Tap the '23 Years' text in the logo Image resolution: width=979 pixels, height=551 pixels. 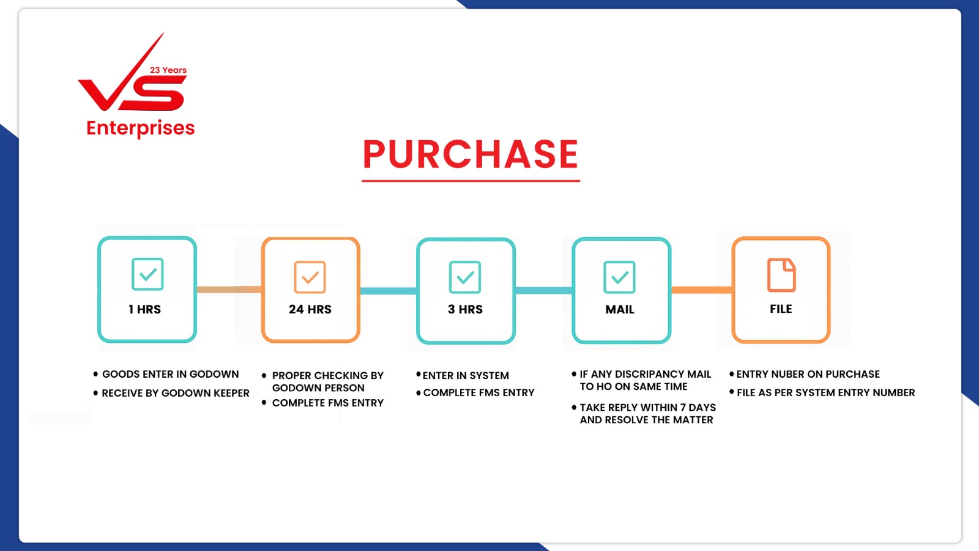click(168, 70)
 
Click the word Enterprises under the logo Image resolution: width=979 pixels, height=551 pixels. click(140, 129)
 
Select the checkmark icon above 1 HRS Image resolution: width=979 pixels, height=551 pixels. click(147, 274)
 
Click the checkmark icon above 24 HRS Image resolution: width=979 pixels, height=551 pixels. click(310, 277)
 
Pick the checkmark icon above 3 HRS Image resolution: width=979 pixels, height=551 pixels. click(465, 277)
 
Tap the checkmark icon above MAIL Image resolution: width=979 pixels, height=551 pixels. click(619, 277)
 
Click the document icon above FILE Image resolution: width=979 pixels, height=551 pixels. click(781, 275)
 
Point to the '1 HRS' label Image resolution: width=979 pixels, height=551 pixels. click(144, 310)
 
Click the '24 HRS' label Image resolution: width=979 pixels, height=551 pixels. click(310, 310)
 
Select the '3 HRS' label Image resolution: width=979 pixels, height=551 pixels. click(465, 310)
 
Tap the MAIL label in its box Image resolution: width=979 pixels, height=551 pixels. click(620, 310)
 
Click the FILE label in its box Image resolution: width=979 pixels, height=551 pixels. click(781, 309)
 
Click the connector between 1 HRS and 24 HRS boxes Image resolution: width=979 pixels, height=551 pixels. click(229, 290)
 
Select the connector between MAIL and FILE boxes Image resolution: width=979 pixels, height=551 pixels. click(702, 290)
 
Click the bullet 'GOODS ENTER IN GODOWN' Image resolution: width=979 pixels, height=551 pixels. click(166, 374)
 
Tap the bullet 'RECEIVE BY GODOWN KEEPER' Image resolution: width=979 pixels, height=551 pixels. click(171, 393)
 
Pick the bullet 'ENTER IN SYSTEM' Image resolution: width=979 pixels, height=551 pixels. click(463, 376)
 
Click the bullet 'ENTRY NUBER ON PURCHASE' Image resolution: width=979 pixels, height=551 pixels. click(805, 374)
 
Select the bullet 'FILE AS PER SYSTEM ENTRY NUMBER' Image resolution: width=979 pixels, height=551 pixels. click(822, 392)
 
